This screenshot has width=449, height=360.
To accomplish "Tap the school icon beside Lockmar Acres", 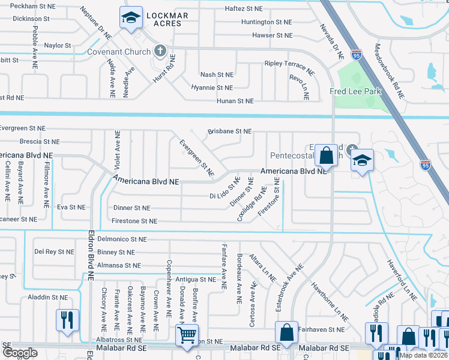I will (x=130, y=19).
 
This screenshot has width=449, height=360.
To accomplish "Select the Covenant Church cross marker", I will (x=160, y=51).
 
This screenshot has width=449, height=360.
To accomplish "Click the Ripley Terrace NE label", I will (x=289, y=67).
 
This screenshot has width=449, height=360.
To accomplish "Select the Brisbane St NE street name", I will (x=229, y=131).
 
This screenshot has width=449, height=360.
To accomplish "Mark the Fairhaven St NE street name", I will (x=321, y=329).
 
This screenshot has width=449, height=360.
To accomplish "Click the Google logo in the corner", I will (x=20, y=353).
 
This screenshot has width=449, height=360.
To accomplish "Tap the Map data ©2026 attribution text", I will (x=424, y=355).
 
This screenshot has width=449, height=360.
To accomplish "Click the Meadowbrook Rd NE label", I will (x=388, y=71).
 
